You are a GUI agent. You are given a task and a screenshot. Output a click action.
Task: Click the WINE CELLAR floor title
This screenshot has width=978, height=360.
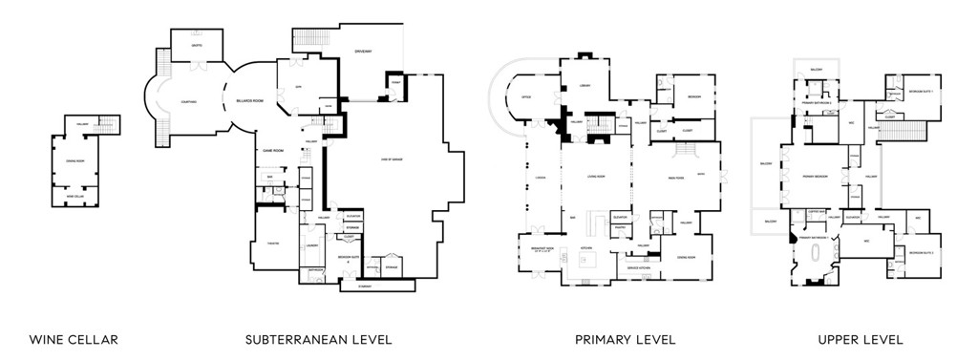[x=74, y=340]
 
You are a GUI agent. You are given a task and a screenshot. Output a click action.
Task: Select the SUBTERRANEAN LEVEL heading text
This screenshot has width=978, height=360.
[x=318, y=340]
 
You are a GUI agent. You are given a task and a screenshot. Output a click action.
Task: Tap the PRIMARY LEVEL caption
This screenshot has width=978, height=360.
[x=626, y=340]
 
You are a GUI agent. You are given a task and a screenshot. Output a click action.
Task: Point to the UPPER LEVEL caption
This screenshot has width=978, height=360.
[x=860, y=340]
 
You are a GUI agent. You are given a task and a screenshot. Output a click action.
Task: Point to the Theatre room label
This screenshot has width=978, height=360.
[x=271, y=243]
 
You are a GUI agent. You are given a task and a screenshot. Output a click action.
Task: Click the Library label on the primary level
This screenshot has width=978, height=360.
[x=585, y=86]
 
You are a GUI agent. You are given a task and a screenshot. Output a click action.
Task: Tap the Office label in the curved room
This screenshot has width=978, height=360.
[x=526, y=96]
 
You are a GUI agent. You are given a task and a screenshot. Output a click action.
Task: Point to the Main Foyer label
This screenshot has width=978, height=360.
[x=677, y=177]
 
